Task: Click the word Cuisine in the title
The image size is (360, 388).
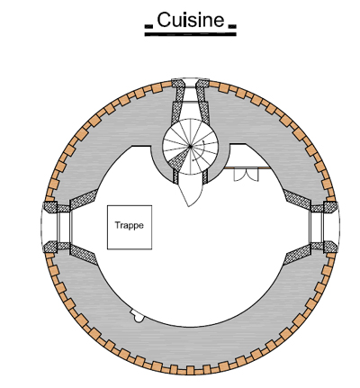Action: pyautogui.click(x=191, y=20)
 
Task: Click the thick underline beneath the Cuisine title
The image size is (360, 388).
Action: pyautogui.click(x=191, y=34)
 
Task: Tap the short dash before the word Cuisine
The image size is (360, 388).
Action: pyautogui.click(x=148, y=27)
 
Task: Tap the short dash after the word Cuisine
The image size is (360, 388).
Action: pyautogui.click(x=232, y=27)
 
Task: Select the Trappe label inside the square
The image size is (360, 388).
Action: pyautogui.click(x=130, y=225)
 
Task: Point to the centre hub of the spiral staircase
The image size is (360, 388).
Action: pyautogui.click(x=190, y=147)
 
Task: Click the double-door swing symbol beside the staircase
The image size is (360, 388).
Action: pyautogui.click(x=246, y=175)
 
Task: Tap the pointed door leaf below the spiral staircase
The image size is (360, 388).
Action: pyautogui.click(x=190, y=190)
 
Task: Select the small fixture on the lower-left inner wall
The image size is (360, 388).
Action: pyautogui.click(x=137, y=316)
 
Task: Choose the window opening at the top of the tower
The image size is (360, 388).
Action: pyautogui.click(x=190, y=90)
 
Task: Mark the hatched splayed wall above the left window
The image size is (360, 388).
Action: pyautogui.click(x=83, y=198)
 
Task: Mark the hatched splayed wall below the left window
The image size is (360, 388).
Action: pyautogui.click(x=83, y=255)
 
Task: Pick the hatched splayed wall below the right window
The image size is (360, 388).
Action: pyautogui.click(x=297, y=255)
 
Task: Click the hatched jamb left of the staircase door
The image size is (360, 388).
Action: pyautogui.click(x=175, y=177)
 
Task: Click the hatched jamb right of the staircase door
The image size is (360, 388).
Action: pyautogui.click(x=205, y=177)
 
